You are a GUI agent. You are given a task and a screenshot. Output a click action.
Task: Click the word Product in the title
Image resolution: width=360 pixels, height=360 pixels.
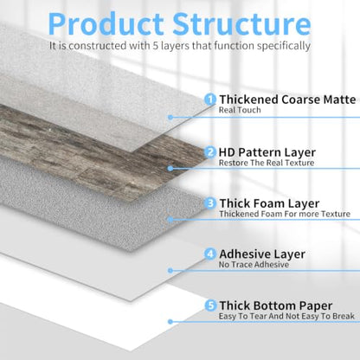pos(106,23)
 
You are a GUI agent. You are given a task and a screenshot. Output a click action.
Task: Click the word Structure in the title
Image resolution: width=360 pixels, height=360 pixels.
pos(241,23)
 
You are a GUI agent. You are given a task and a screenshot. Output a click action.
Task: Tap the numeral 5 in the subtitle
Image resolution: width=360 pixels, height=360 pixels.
pos(156,46)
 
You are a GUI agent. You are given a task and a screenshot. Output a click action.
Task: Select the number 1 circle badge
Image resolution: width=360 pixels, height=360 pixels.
pos(210,100)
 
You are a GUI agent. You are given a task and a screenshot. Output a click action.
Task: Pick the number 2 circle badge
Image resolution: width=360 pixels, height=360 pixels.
pos(210,152)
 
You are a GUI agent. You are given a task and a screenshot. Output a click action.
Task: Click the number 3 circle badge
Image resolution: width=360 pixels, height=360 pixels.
pos(210,203)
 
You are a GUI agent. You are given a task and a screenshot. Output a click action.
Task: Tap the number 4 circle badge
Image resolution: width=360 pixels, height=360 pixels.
pos(210,254)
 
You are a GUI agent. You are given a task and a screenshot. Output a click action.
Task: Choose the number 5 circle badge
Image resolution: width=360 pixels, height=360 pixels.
pos(210,305)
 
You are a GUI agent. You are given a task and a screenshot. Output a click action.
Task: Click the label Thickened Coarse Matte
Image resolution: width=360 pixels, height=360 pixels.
pos(287,100)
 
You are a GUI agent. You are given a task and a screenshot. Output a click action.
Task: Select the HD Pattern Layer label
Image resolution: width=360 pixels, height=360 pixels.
pos(267,152)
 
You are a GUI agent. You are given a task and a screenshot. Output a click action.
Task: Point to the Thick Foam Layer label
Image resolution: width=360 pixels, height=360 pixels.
pos(269,203)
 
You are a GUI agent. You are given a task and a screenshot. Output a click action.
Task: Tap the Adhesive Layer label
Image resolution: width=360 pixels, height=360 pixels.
pos(262,254)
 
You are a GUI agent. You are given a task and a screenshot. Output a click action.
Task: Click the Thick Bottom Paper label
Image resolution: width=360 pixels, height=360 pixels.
pos(276,305)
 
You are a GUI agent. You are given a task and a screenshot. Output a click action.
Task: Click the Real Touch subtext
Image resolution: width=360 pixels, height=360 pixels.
pos(240,110)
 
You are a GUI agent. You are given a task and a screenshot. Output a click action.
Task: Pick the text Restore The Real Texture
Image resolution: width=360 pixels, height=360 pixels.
pos(267,163)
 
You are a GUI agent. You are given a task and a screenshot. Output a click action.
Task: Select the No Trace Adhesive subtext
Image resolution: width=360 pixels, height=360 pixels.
pos(254,265)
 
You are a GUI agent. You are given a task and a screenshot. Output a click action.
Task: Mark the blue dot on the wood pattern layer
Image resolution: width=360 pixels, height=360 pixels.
pos(170,169)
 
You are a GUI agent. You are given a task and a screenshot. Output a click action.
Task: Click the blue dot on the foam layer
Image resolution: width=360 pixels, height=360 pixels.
pos(170,220)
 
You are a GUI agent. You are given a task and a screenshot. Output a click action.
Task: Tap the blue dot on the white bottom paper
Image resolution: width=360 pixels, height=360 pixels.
pos(170,322)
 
